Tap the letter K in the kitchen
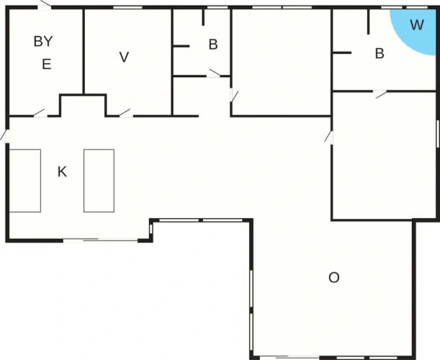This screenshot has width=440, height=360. click(x=62, y=172)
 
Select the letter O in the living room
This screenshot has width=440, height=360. click(x=334, y=277)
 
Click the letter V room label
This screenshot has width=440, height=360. click(x=124, y=57)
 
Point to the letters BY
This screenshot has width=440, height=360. click(x=43, y=42)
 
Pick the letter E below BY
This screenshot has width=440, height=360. click(x=47, y=64)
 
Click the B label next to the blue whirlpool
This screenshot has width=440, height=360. click(x=380, y=53)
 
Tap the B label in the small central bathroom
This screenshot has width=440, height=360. click(x=213, y=45)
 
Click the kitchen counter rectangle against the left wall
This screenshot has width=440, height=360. click(x=25, y=181)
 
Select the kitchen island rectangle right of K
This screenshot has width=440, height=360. click(x=99, y=181)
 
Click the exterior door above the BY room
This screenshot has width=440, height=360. click(x=45, y=5)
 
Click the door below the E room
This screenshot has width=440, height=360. click(x=40, y=113)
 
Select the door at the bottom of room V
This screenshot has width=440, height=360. click(x=126, y=113)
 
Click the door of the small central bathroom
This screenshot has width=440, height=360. click(x=214, y=73)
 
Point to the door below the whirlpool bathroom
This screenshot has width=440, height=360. click(x=380, y=94)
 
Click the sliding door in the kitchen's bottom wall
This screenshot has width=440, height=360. click(x=101, y=240)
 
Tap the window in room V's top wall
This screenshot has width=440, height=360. click(x=127, y=8)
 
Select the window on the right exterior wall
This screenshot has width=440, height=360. click(x=437, y=134)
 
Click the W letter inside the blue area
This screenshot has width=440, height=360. click(x=417, y=24)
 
